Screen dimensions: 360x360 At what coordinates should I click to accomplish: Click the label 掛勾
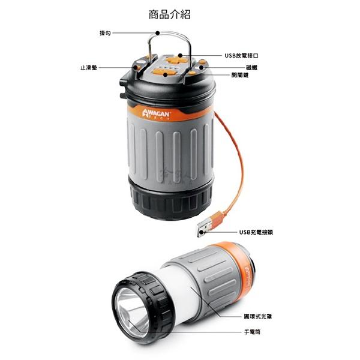pos(104,33)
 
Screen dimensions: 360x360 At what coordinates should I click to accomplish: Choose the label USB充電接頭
pos(256,232)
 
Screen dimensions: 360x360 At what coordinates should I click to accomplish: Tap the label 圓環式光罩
pos(253,316)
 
